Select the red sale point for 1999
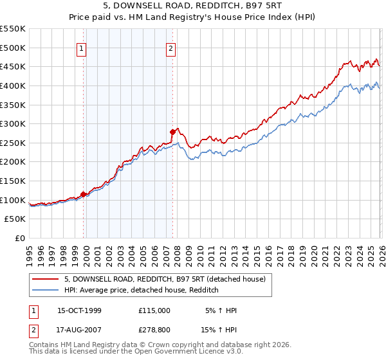(83, 194)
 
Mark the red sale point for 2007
(172, 132)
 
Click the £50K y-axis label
(15, 219)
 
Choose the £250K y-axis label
(13, 143)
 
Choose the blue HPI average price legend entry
(142, 290)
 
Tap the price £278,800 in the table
(154, 332)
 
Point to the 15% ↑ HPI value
(221, 332)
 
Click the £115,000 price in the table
(154, 310)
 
